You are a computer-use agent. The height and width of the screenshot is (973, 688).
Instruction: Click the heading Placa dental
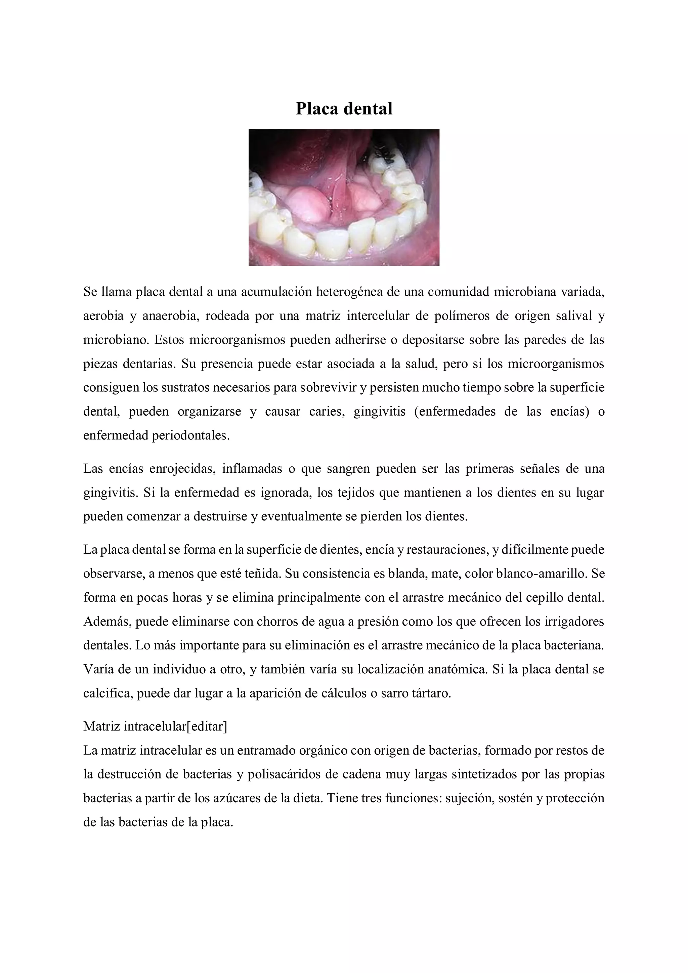(344, 109)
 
